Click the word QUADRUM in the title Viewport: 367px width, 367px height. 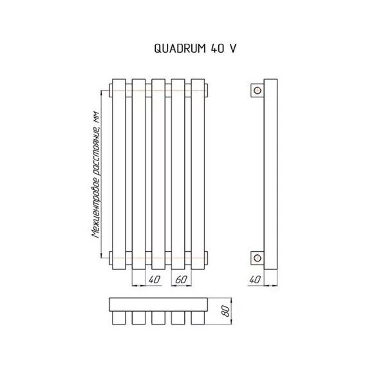(x=180, y=48)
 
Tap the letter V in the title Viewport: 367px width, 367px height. (x=233, y=48)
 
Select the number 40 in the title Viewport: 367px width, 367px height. (x=218, y=48)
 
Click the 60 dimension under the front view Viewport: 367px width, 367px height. (x=181, y=279)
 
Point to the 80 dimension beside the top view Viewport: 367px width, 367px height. (x=226, y=311)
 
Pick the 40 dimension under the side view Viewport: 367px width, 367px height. (x=255, y=279)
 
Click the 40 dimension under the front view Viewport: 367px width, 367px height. (x=155, y=279)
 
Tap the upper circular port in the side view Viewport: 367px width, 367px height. (x=258, y=90)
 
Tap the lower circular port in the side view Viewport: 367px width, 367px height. (x=258, y=258)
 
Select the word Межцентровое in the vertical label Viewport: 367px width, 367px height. (x=96, y=207)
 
